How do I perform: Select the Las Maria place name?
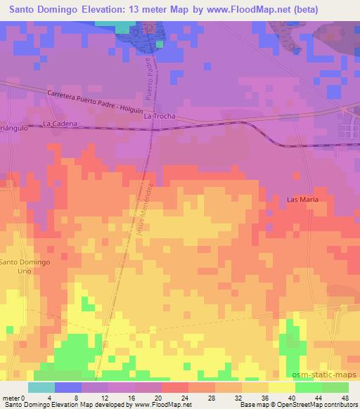[303, 200]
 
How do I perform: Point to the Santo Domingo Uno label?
[25, 266]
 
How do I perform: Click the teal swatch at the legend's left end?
[41, 387]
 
